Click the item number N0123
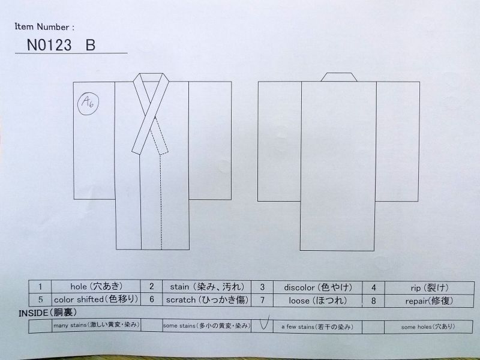coord(49,44)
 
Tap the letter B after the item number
coord(91,44)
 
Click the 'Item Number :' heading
coord(44,26)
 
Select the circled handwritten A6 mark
coord(88,104)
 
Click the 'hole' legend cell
coord(96,286)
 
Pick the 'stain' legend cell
coord(207,287)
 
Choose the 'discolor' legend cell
coord(318,287)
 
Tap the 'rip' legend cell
coord(429,288)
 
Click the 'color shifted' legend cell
coord(96,299)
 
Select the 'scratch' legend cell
coord(207,299)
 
